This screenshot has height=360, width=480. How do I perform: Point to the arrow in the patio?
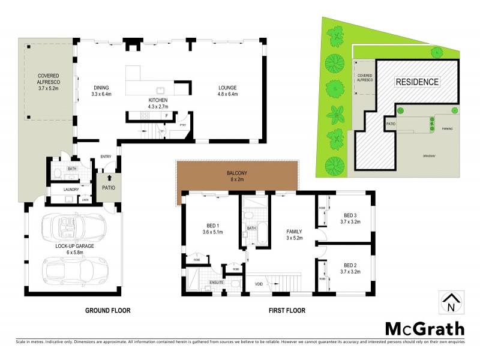coord(109,178)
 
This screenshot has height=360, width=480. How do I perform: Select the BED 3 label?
coord(350,218)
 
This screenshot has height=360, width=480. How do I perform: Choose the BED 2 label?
coord(350,268)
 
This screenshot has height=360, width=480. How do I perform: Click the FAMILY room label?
coord(294,234)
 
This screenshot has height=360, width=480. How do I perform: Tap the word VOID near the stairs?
coord(259,284)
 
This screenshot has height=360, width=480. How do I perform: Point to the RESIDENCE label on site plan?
coord(417,82)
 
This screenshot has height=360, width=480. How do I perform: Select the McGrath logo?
coord(424,328)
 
